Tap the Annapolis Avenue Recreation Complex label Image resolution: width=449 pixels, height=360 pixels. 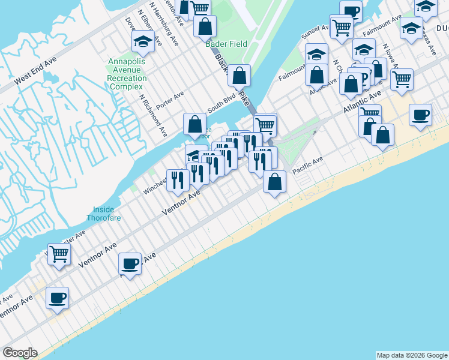click(x=127, y=74)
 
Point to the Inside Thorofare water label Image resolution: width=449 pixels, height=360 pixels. click(x=107, y=214)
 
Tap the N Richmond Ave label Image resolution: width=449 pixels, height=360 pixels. click(x=152, y=115)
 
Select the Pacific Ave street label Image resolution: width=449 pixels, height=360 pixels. click(x=308, y=166)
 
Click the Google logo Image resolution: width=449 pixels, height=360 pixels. click(x=20, y=353)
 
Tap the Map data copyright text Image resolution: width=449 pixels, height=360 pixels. click(x=411, y=355)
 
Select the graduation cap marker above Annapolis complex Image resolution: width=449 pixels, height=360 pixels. click(x=143, y=41)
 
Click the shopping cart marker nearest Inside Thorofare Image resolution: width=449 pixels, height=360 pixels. click(x=59, y=254)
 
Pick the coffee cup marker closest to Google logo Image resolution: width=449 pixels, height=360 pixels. click(x=58, y=298)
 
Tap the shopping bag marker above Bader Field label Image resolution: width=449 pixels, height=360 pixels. click(x=205, y=27)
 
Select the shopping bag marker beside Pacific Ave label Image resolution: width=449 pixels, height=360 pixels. click(x=274, y=182)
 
